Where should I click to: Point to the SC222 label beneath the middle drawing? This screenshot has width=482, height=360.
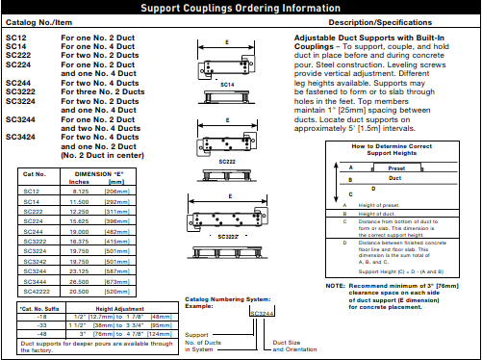pos(227,161)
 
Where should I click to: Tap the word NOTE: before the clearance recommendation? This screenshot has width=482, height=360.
pos(335,285)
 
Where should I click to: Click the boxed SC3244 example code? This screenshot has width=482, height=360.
pos(261,313)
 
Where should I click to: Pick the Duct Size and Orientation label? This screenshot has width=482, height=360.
pos(293,345)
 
